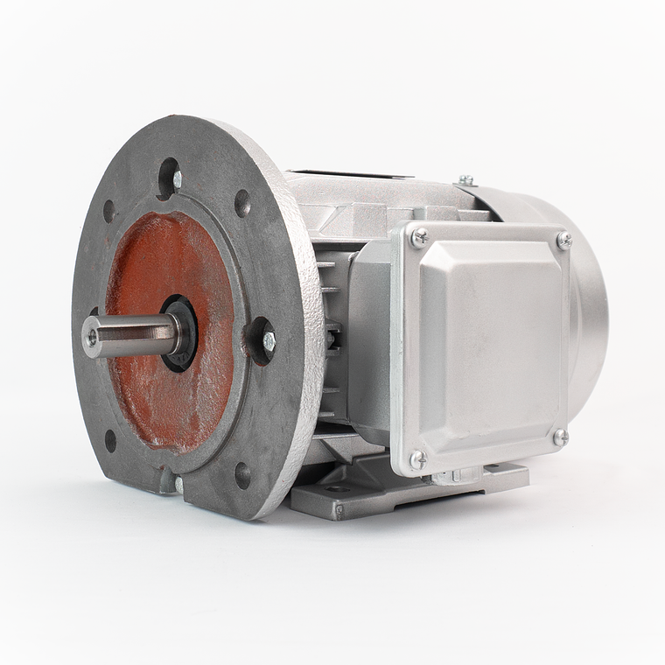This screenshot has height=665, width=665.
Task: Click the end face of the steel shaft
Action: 91,337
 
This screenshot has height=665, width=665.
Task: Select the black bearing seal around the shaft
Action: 181,333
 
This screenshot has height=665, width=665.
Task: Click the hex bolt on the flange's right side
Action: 268,341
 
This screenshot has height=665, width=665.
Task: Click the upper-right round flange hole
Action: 242,203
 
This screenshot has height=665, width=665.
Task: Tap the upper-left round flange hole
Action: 108,211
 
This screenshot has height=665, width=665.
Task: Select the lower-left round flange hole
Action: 110,440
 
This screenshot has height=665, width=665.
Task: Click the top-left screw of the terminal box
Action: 420,236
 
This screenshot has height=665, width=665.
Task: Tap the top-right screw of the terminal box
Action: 563,240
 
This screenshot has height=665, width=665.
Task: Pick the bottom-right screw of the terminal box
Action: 560,437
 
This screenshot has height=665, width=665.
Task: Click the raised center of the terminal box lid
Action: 490,341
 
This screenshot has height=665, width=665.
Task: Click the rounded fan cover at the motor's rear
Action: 588,315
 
